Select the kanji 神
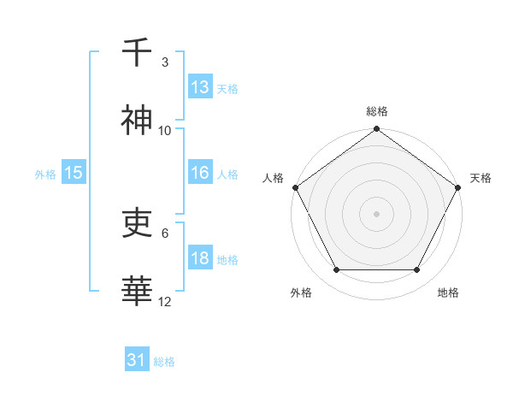(x=137, y=121)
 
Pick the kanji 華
(x=137, y=292)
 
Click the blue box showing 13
(x=199, y=87)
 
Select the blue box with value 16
(x=199, y=173)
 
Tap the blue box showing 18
(x=199, y=258)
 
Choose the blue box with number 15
(x=73, y=173)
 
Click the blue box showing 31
(x=137, y=360)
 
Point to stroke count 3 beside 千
(x=165, y=62)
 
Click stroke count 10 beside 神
(x=165, y=131)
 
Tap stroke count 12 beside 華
(x=165, y=302)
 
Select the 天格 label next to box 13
(x=227, y=89)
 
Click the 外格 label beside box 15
(x=45, y=174)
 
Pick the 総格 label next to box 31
(x=164, y=362)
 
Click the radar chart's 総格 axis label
(x=377, y=111)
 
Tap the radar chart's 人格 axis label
(x=273, y=178)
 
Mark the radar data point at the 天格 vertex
(x=459, y=187)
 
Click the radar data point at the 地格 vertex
(x=417, y=270)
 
